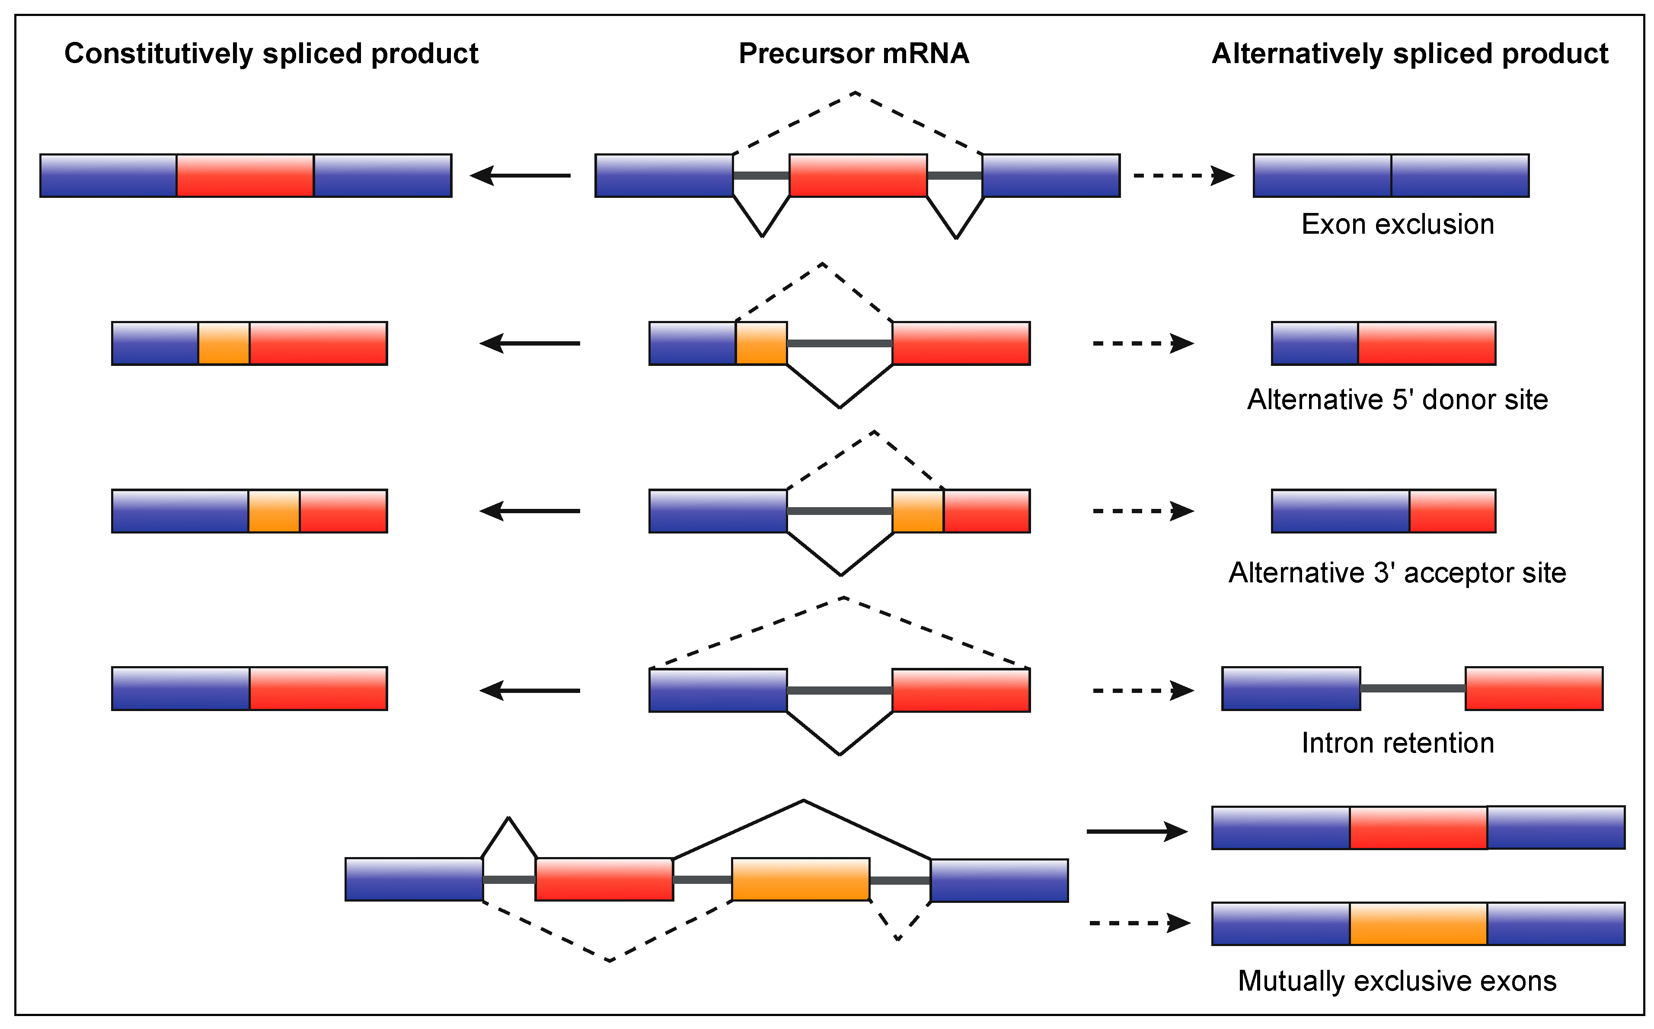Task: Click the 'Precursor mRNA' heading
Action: (x=853, y=54)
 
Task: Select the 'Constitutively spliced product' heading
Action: (x=271, y=54)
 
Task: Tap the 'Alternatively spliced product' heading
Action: (x=1410, y=54)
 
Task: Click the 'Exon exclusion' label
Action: (x=1397, y=225)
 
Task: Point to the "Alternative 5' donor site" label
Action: (x=1397, y=400)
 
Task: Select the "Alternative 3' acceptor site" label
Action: (x=1397, y=573)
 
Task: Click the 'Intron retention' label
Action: (x=1397, y=743)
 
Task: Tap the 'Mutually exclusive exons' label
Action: (x=1397, y=981)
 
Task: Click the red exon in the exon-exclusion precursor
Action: (x=858, y=175)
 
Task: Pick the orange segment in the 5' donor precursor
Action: (x=761, y=343)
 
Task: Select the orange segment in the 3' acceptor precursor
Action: (x=918, y=511)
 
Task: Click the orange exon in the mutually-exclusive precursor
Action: (x=801, y=879)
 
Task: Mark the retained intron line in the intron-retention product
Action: (x=1413, y=689)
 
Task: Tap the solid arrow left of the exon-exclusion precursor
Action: (x=521, y=175)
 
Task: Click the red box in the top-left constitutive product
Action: (x=245, y=175)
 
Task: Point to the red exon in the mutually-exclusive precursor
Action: (x=604, y=879)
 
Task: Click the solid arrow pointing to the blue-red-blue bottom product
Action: (x=1137, y=831)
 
